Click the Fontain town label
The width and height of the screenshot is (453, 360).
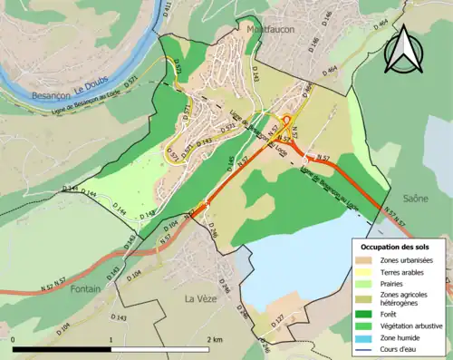86,288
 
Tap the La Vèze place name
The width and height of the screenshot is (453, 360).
201,298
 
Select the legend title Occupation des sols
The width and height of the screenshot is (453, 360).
397,247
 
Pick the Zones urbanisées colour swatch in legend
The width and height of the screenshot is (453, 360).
371,260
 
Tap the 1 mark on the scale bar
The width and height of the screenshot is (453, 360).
111,340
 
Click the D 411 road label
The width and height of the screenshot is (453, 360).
168,11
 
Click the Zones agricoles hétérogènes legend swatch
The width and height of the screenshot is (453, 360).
371,297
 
